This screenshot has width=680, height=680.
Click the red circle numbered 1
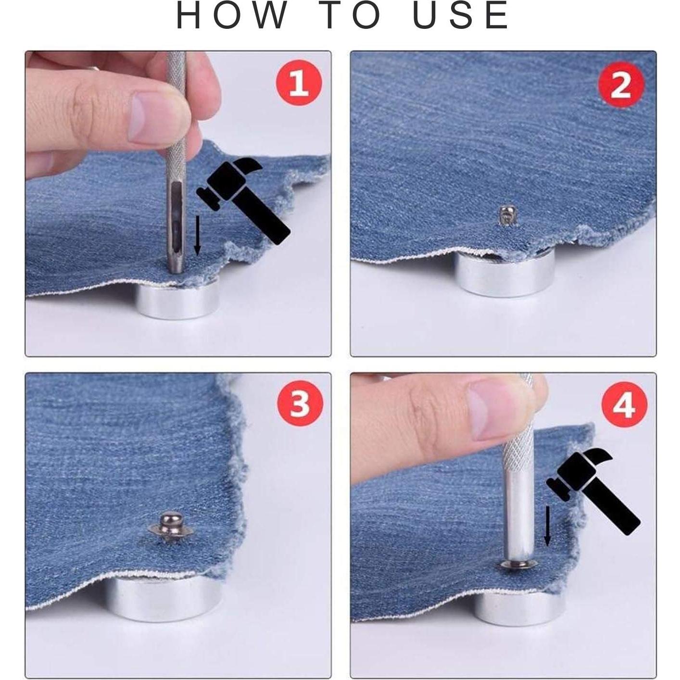coord(299,83)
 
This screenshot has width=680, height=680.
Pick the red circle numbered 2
coord(621,84)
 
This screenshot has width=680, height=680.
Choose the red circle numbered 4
coord(624,405)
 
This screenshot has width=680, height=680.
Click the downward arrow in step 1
coord(198,235)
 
